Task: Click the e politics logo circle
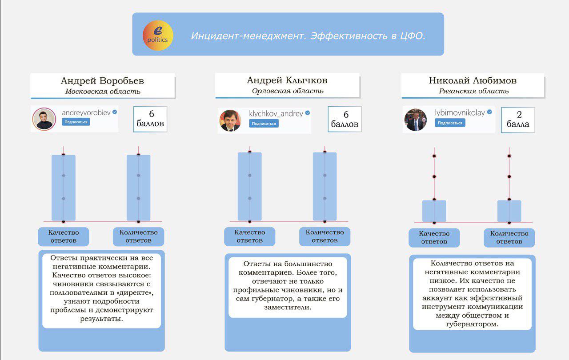click(x=158, y=35)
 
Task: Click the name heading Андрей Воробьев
click(x=102, y=81)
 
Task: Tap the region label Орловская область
click(x=288, y=91)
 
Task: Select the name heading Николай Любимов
click(x=473, y=80)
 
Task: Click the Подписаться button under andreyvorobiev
click(x=76, y=122)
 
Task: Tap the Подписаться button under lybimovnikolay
click(x=451, y=123)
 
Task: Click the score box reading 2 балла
click(x=518, y=120)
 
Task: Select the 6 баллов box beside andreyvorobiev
click(x=150, y=119)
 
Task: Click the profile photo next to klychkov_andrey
click(x=231, y=120)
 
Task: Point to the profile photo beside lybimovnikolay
click(x=416, y=120)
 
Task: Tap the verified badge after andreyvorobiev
click(x=115, y=112)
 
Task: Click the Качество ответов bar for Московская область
click(x=64, y=188)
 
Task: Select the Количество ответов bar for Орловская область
click(x=325, y=187)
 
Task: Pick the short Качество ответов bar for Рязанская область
click(x=434, y=211)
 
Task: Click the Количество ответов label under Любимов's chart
click(x=509, y=237)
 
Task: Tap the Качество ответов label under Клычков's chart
click(x=249, y=236)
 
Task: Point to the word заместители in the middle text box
click(x=288, y=307)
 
